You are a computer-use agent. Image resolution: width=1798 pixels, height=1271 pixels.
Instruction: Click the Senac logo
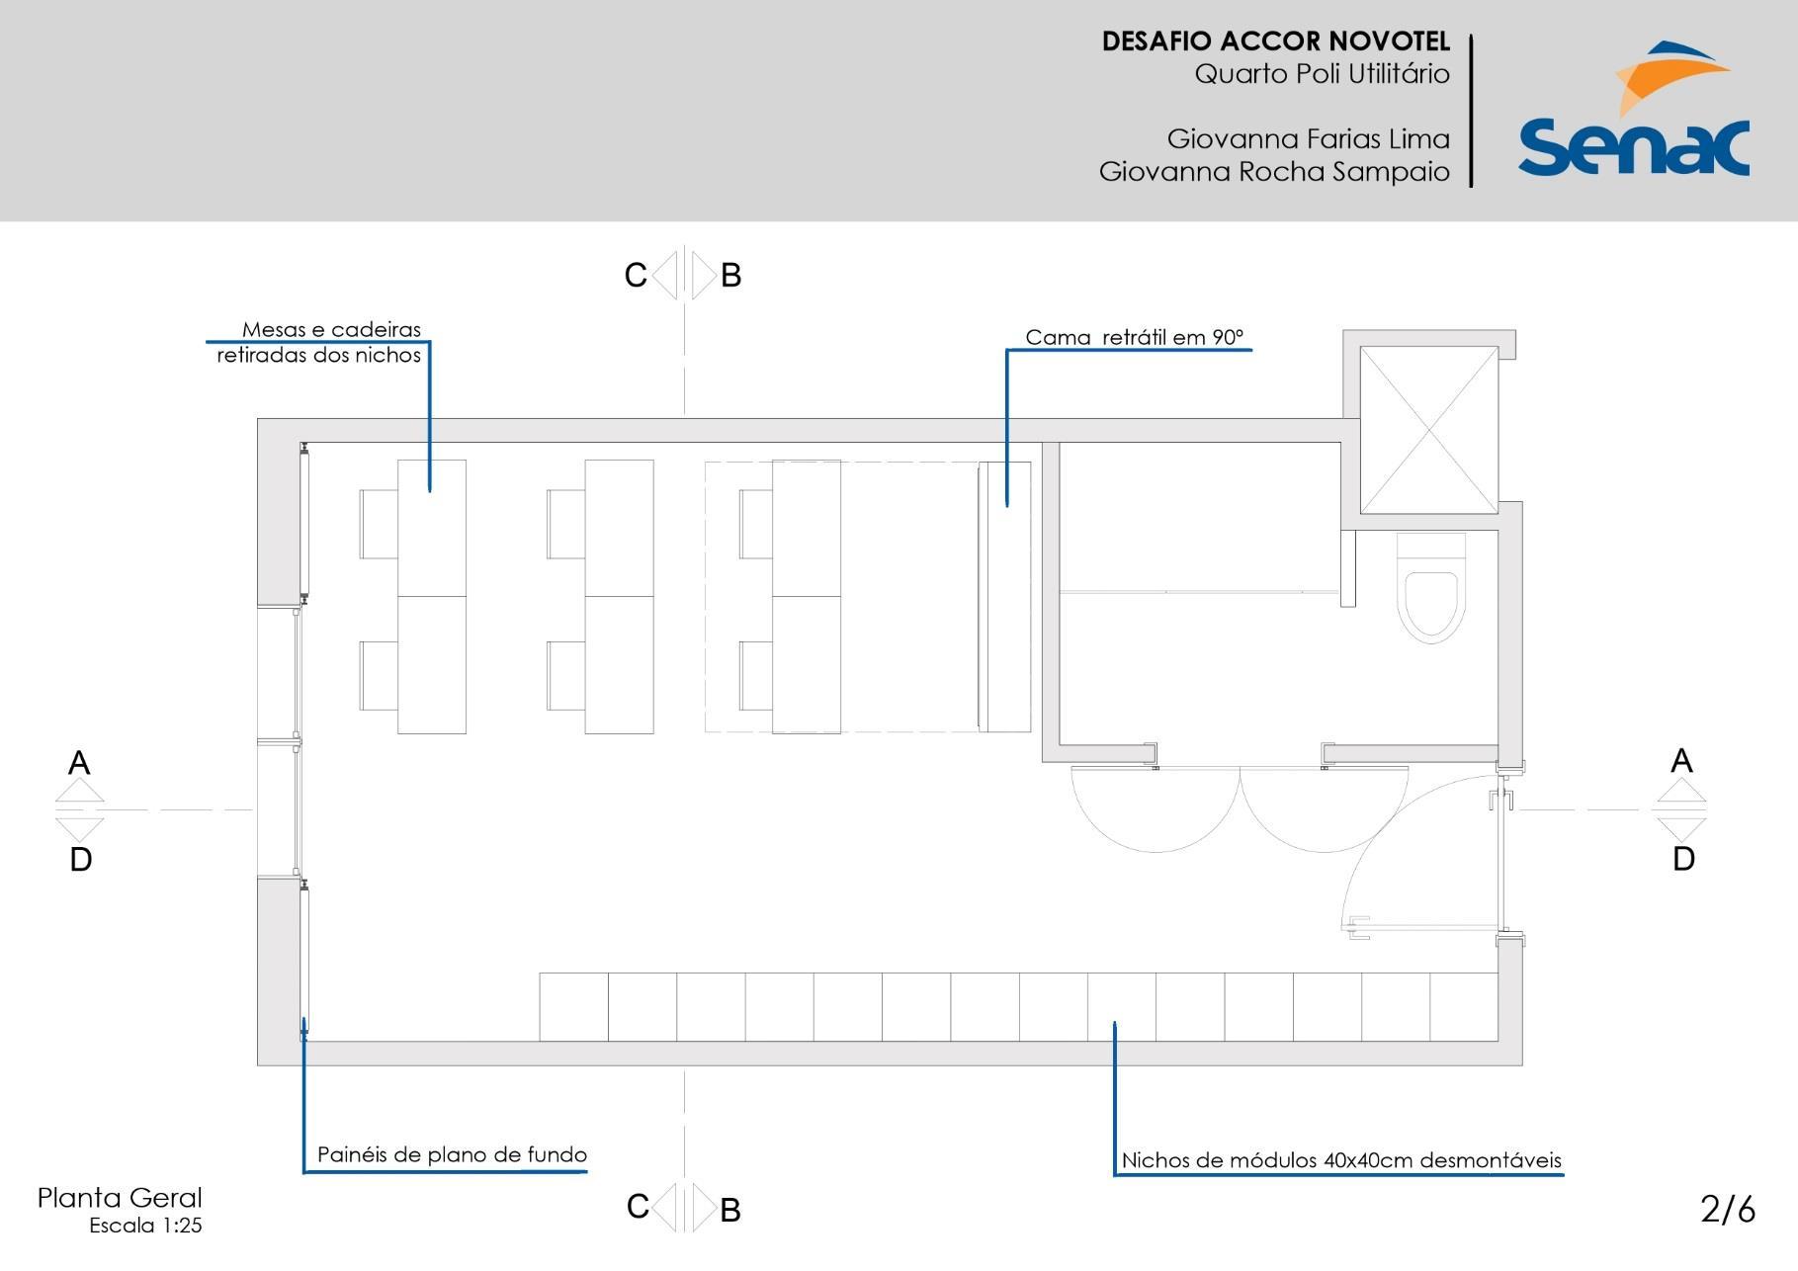[1633, 109]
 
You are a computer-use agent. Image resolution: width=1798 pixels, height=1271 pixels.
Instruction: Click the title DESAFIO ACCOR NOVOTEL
[1275, 42]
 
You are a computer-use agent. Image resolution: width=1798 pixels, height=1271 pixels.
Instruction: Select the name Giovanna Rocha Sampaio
[1274, 172]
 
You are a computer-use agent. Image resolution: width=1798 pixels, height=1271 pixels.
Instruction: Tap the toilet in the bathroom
[1430, 588]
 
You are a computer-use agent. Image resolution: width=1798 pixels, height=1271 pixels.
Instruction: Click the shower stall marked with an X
[1429, 430]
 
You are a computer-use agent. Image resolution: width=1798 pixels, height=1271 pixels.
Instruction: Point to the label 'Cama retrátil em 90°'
[1134, 337]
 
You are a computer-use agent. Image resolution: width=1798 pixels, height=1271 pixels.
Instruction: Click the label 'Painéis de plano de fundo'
[452, 1154]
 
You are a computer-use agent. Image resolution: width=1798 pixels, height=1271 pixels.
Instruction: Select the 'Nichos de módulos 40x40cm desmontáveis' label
[1341, 1160]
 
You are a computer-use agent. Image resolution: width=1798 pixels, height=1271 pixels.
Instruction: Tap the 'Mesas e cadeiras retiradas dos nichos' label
[319, 342]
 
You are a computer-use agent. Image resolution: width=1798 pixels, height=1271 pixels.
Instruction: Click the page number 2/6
[1728, 1209]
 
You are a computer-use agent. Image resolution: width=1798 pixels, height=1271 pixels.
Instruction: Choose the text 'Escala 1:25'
[145, 1226]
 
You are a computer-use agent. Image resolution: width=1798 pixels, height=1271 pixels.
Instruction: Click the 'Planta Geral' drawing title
[120, 1198]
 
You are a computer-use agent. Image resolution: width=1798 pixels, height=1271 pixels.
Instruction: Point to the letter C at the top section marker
[636, 275]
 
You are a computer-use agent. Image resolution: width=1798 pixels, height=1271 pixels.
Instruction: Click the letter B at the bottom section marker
[730, 1210]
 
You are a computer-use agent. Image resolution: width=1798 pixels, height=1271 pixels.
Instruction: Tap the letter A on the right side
[1681, 761]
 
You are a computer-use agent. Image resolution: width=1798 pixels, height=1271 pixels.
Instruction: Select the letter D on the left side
[81, 860]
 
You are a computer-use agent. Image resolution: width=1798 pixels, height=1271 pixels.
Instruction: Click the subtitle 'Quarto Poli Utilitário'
[1322, 74]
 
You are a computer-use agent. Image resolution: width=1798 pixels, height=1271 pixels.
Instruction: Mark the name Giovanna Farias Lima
[1308, 138]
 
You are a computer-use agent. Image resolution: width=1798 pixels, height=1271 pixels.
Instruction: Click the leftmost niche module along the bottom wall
[573, 1007]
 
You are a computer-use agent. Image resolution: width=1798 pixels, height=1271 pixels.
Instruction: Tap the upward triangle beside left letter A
[79, 791]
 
